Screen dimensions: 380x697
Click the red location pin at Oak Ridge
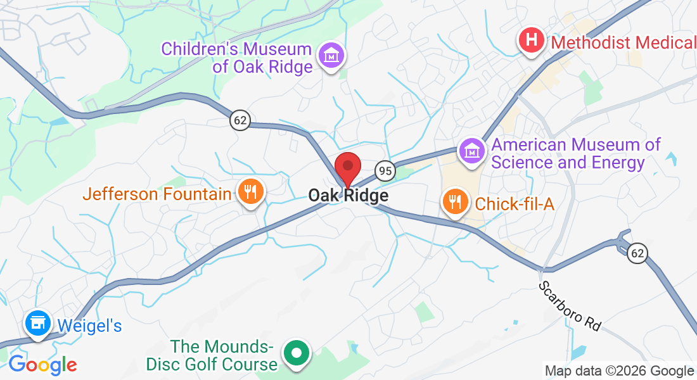click(x=347, y=168)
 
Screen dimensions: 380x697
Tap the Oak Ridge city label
click(x=348, y=196)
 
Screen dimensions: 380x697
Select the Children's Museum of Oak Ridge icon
click(x=331, y=56)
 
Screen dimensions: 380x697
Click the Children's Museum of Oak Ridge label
click(x=236, y=58)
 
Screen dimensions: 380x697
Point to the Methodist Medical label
click(x=623, y=42)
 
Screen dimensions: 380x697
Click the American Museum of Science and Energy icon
click(x=473, y=151)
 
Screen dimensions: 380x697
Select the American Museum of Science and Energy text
click(x=576, y=154)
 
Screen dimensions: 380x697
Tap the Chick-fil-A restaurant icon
click(x=455, y=202)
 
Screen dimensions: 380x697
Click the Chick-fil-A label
click(x=515, y=203)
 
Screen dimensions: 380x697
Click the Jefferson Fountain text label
click(x=157, y=193)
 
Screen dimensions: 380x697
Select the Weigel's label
click(x=89, y=326)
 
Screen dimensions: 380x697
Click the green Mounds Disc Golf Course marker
click(x=296, y=353)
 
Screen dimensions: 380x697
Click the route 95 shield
click(x=385, y=170)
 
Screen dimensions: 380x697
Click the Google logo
click(x=42, y=365)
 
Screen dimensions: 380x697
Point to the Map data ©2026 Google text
click(x=619, y=370)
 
